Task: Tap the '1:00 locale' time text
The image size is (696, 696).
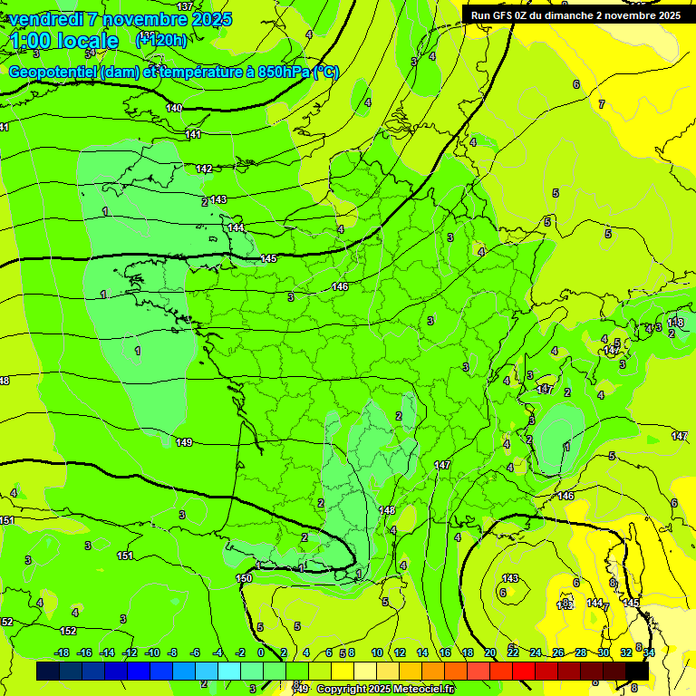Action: [x=63, y=41]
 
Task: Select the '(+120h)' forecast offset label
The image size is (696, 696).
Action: [x=161, y=39]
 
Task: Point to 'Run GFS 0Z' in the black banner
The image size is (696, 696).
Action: [x=501, y=14]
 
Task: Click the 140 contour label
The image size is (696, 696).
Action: [x=174, y=108]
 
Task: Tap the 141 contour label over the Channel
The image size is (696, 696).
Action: [x=193, y=134]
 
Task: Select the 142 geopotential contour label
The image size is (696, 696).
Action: [x=204, y=169]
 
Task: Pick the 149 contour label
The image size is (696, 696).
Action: [x=184, y=442]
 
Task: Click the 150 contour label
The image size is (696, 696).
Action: [x=244, y=577]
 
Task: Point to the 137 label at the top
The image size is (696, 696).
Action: [x=185, y=6]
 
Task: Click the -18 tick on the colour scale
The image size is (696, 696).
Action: [x=63, y=652]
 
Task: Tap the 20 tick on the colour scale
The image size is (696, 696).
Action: [x=490, y=652]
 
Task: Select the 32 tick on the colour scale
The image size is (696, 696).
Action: [x=625, y=652]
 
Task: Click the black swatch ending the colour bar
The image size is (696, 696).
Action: [x=637, y=671]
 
